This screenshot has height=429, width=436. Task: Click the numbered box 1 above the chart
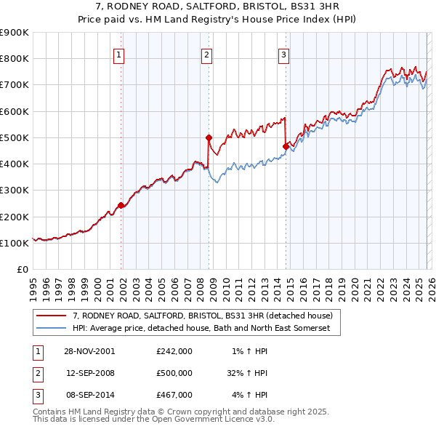click(x=118, y=54)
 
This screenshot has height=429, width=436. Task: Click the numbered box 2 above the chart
click(x=206, y=54)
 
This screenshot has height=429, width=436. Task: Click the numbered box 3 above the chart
click(x=283, y=54)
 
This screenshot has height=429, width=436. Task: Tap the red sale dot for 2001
click(x=121, y=205)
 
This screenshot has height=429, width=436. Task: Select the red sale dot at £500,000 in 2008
click(x=209, y=137)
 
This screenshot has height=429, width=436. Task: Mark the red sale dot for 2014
click(x=286, y=146)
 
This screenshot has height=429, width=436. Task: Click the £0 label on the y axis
click(x=23, y=270)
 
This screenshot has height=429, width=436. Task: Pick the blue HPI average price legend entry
click(x=201, y=329)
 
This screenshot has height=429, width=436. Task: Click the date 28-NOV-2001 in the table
click(x=90, y=350)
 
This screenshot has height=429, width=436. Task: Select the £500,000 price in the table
click(x=174, y=373)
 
